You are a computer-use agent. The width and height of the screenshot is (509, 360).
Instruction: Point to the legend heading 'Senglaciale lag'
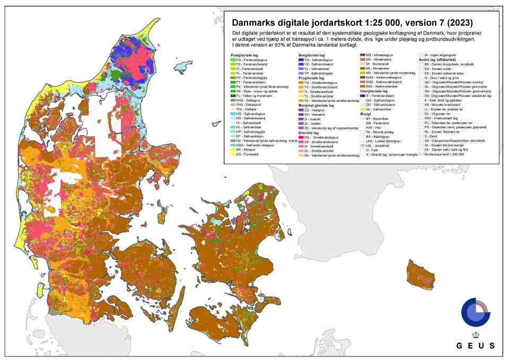[312, 55]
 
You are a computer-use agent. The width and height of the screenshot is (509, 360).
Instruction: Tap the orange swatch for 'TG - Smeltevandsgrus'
[301, 83]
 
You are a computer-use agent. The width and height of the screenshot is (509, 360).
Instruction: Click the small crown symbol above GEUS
[475, 335]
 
